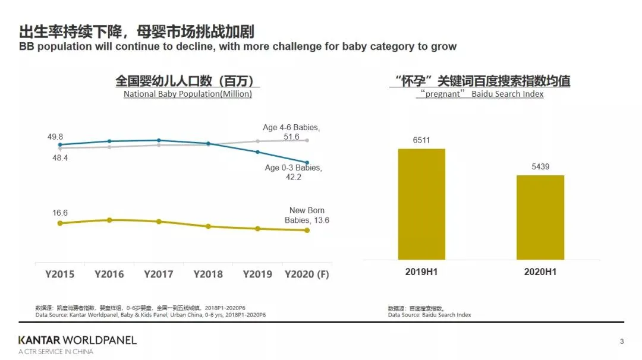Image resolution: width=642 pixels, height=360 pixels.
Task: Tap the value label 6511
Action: pos(421,141)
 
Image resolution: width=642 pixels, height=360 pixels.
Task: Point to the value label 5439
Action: pos(540,167)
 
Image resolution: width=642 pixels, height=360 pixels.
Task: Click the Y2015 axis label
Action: pos(59,274)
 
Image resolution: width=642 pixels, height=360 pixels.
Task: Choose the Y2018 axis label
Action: pos(208,274)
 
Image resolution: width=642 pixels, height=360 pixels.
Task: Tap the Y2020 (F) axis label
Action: pos(307,274)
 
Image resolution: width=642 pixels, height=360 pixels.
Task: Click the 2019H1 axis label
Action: pos(421,271)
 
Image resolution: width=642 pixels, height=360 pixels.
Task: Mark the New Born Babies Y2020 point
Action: pos(307,230)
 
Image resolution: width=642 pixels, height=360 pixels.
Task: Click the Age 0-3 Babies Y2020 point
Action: pos(307,162)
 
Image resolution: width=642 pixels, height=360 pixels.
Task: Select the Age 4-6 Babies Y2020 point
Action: pos(307,140)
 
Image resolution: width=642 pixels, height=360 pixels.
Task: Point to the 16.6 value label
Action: pos(59,213)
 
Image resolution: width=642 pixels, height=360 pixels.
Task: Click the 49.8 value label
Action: pos(56,137)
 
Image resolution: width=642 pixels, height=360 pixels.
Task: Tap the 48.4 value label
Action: pos(59,158)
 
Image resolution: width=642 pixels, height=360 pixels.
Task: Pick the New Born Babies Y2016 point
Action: pos(109,220)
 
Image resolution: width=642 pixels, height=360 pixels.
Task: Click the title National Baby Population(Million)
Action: pos(187,94)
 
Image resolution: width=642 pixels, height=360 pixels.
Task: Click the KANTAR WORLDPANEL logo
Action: pos(77,340)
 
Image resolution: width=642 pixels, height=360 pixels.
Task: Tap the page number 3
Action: pos(622,341)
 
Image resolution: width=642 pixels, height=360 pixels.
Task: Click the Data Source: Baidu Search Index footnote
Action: pos(429,315)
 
